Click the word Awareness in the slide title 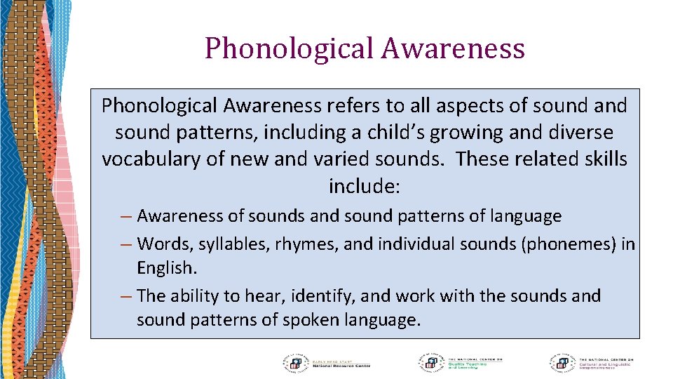point(454,49)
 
